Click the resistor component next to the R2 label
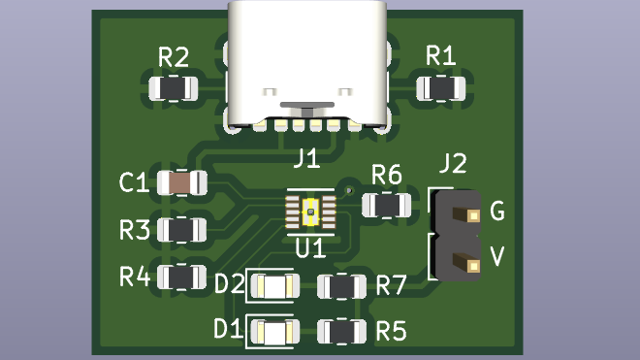pyautogui.click(x=173, y=88)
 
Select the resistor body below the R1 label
pyautogui.click(x=441, y=88)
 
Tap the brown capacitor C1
pyautogui.click(x=182, y=182)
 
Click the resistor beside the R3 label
pyautogui.click(x=182, y=230)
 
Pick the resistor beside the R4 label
pyautogui.click(x=182, y=278)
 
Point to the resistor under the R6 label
pyautogui.click(x=387, y=205)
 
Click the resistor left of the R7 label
pyautogui.click(x=342, y=286)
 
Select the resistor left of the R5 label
pyautogui.click(x=342, y=331)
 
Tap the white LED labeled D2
pyautogui.click(x=275, y=286)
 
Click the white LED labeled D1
pyautogui.click(x=275, y=332)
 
